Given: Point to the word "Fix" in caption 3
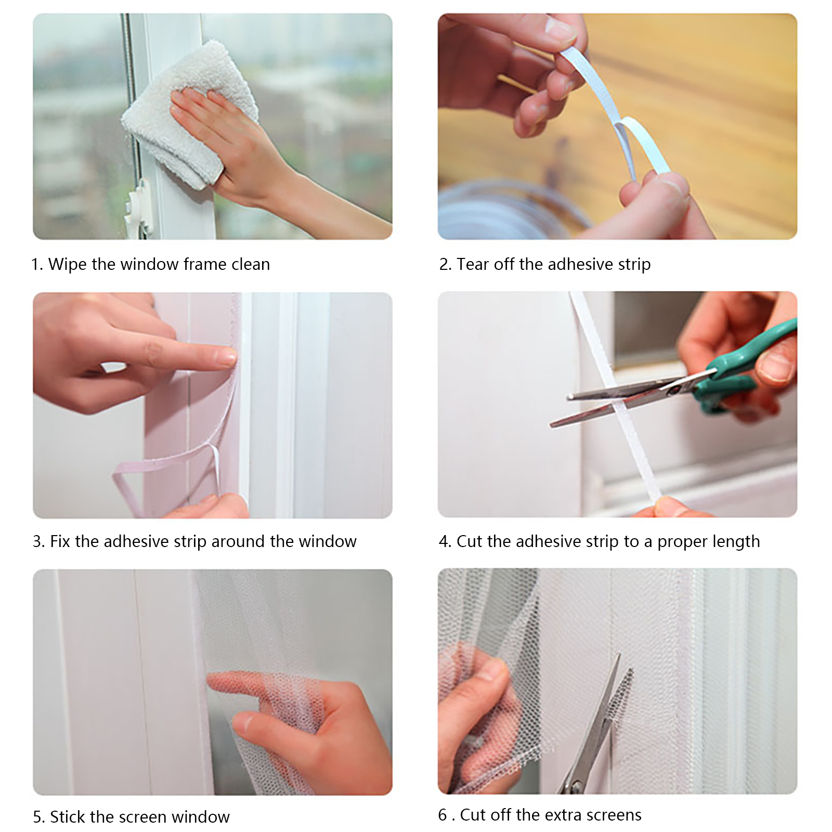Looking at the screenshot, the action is [x=60, y=541].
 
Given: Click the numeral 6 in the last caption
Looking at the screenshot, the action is [x=443, y=815].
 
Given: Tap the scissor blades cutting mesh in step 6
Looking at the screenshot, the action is [x=598, y=723].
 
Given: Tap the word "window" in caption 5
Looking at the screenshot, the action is [x=201, y=817].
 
